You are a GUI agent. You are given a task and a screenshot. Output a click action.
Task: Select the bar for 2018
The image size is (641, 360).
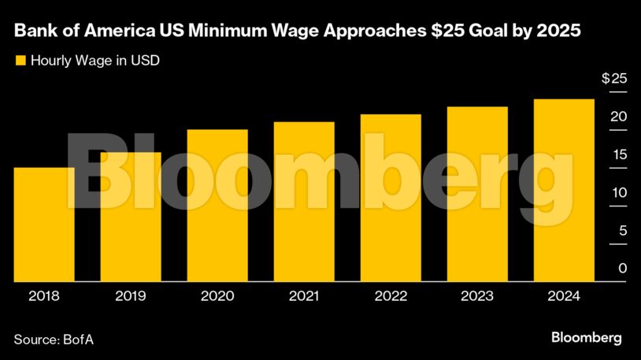pyautogui.click(x=44, y=225)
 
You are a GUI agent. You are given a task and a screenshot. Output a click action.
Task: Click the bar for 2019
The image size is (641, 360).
pyautogui.click(x=131, y=217)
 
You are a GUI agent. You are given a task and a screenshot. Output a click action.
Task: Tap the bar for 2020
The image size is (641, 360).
pyautogui.click(x=217, y=205)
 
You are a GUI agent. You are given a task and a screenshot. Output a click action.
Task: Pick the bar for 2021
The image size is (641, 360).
pyautogui.click(x=304, y=202)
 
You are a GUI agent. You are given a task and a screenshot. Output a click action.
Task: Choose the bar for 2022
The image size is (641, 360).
pyautogui.click(x=391, y=198)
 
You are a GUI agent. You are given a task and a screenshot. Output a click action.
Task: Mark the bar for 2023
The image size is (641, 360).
pyautogui.click(x=477, y=194)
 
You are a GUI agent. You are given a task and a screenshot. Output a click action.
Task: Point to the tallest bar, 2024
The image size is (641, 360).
pyautogui.click(x=564, y=190)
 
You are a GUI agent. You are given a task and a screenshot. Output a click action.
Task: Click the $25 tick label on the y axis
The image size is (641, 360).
pyautogui.click(x=614, y=79)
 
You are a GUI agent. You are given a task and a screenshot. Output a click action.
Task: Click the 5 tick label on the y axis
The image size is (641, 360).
pyautogui.click(x=622, y=231)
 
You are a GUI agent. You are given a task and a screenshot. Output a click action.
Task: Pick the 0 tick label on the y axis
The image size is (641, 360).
pyautogui.click(x=622, y=269)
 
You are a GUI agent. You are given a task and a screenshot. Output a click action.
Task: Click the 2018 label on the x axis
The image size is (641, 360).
pyautogui.click(x=44, y=296)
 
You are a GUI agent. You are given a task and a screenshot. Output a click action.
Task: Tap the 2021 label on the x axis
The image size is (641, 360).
pyautogui.click(x=304, y=296)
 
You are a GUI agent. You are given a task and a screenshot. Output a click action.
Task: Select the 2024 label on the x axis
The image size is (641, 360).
pyautogui.click(x=564, y=296)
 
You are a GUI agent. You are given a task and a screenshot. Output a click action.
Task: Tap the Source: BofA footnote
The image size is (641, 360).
pyautogui.click(x=48, y=339)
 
